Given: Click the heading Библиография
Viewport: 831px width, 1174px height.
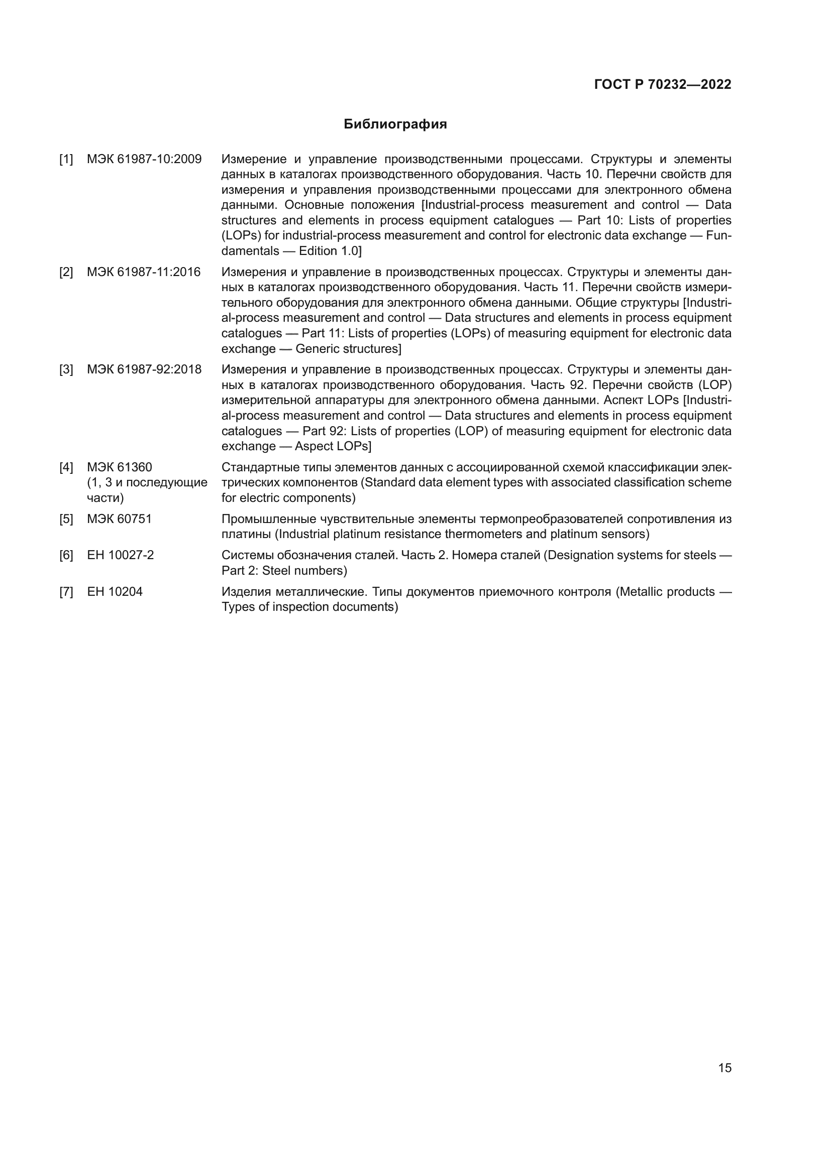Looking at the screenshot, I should point(395,124).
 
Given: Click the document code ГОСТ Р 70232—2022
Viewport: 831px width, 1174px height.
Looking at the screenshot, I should point(663,85).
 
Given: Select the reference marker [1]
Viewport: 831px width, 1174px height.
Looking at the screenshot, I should point(66,160).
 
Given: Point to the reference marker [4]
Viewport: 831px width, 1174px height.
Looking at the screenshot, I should point(66,467).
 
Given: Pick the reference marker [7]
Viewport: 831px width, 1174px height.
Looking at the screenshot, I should point(66,592).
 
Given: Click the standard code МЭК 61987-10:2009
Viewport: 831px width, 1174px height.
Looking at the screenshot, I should point(144,160).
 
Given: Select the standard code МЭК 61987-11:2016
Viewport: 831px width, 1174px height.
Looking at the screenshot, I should point(144,272).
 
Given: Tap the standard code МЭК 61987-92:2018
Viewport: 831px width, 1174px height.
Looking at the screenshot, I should point(144,370).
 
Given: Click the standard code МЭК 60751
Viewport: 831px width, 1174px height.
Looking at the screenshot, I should point(119,519).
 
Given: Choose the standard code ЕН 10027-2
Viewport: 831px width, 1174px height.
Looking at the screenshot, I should point(120,555).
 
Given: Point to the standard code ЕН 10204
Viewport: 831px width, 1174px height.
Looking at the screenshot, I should point(115,592).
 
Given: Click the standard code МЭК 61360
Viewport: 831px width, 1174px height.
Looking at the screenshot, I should point(119,467).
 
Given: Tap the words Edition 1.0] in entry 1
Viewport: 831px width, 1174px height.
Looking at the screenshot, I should point(330,251).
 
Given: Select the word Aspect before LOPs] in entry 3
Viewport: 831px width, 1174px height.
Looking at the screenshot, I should point(313,446).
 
